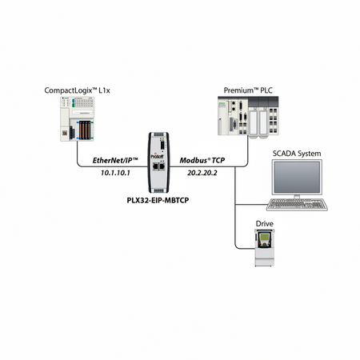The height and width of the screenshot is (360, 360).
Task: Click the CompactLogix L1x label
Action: click(77, 90)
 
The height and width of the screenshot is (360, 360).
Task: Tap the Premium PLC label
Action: click(248, 90)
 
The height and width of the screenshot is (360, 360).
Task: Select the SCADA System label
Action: click(297, 154)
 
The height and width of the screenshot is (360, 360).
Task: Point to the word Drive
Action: click(265, 223)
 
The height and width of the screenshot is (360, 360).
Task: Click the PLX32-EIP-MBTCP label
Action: click(158, 200)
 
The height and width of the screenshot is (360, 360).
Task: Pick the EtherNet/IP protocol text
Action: click(115, 160)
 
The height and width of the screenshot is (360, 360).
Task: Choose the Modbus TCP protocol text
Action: click(202, 160)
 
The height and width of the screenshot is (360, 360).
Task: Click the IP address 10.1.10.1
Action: click(115, 173)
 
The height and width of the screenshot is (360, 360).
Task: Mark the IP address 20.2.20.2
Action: click(202, 173)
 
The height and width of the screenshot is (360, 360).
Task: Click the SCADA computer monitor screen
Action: click(297, 177)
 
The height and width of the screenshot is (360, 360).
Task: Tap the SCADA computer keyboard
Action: click(297, 205)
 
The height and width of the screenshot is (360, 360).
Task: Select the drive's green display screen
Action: click(265, 237)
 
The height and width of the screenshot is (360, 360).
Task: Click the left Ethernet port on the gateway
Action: click(155, 166)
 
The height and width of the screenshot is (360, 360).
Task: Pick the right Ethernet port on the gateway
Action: click(162, 166)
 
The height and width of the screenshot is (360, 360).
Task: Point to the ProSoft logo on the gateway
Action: click(158, 156)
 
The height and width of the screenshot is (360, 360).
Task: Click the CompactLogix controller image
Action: click(77, 118)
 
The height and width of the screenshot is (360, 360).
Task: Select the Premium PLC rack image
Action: click(248, 116)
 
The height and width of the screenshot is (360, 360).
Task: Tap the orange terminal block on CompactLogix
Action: click(85, 130)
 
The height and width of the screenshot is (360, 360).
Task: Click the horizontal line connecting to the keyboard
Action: click(251, 205)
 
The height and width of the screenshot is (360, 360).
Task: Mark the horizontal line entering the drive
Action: click(246, 249)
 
